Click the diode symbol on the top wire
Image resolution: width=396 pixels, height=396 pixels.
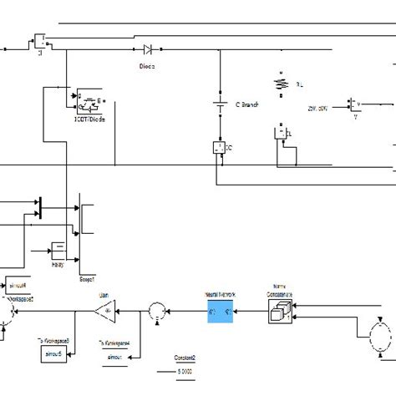pyautogui.click(x=148, y=49)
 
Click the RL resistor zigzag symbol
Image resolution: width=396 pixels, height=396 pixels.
pyautogui.click(x=282, y=84)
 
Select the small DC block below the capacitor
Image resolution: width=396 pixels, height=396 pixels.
pyautogui.click(x=221, y=147)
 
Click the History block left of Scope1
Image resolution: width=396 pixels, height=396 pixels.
pyautogui.click(x=58, y=247)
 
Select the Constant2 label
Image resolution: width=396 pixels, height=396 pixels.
pyautogui.click(x=172, y=355)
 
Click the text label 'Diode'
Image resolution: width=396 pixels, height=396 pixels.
pyautogui.click(x=147, y=64)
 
